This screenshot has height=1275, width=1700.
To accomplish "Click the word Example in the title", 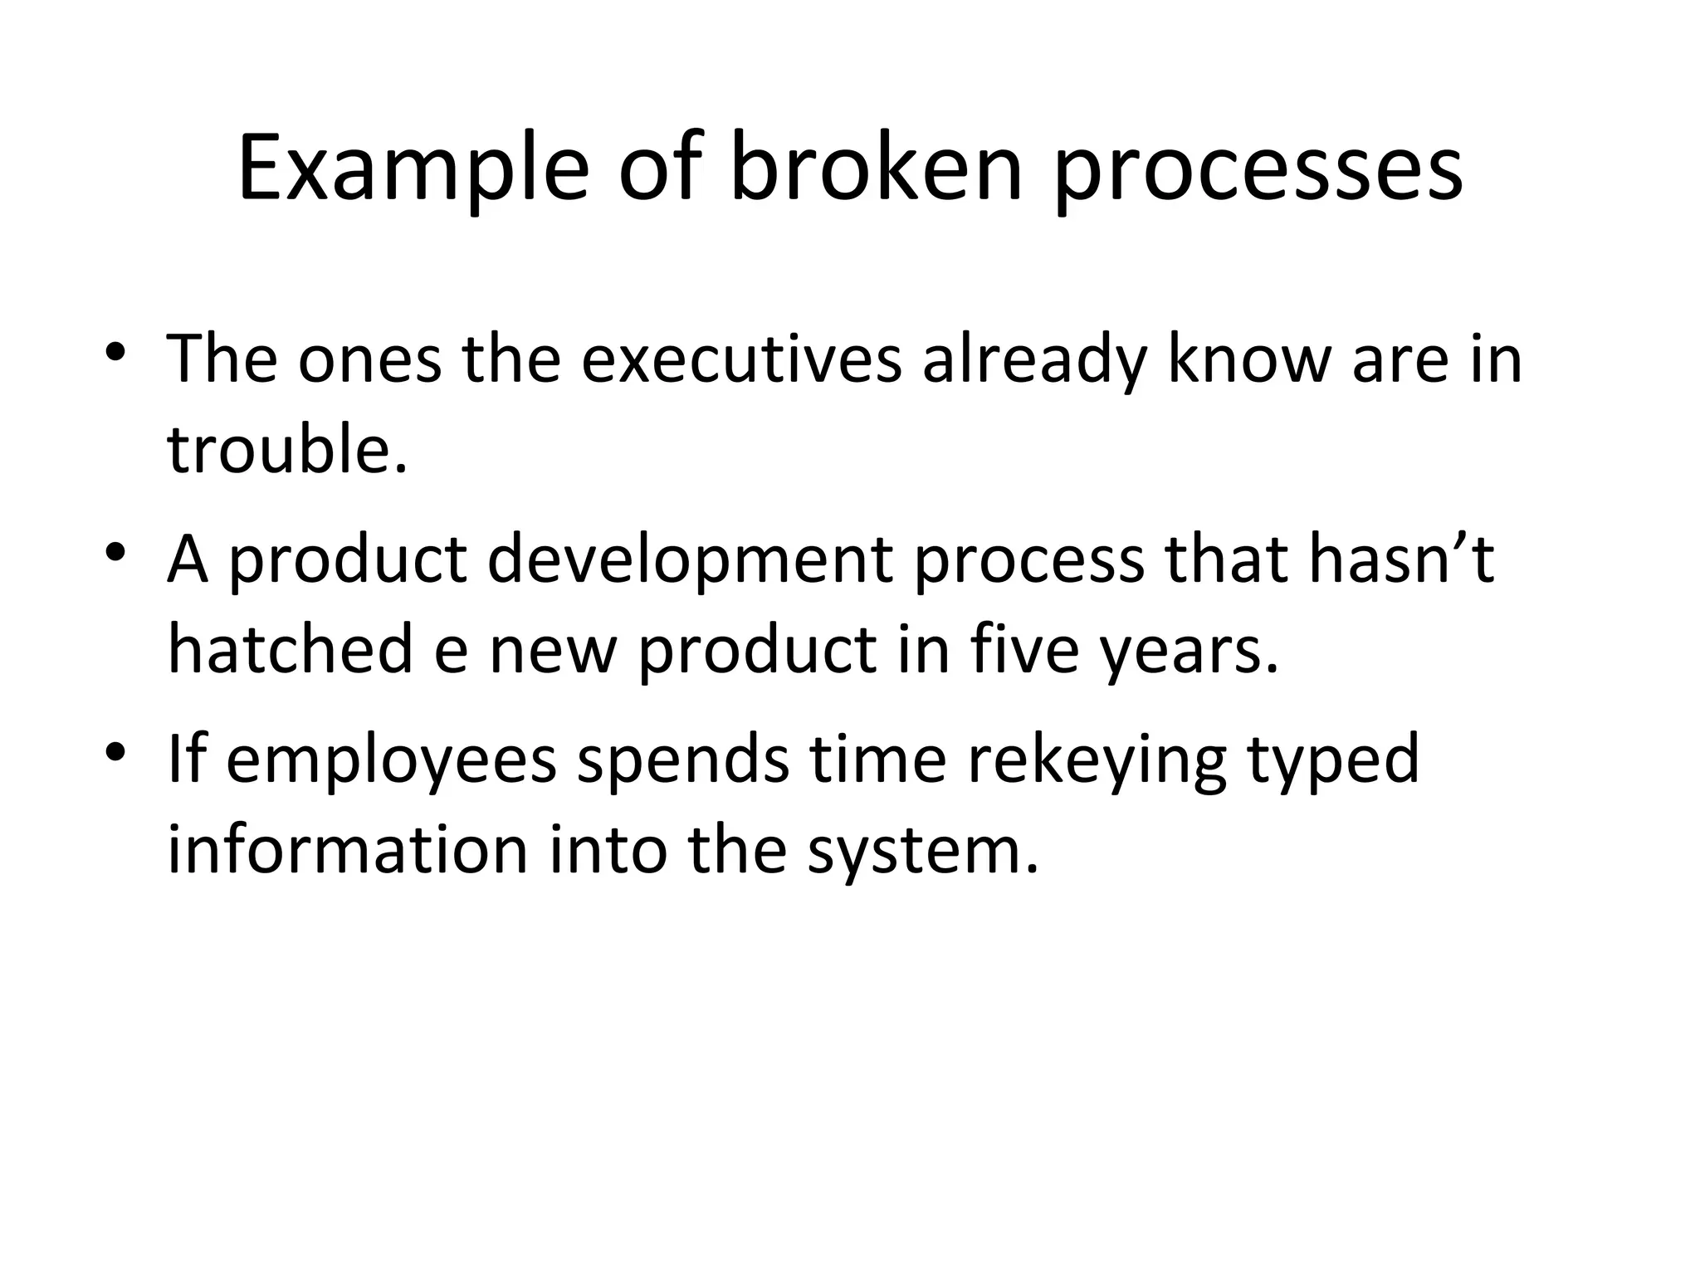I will (x=413, y=171).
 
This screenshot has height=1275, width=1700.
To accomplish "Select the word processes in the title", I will (x=1258, y=171).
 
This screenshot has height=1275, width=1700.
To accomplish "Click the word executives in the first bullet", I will (x=740, y=360).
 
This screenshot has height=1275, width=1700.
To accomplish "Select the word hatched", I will (x=290, y=649).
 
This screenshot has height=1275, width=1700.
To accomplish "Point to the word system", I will (x=922, y=852).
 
